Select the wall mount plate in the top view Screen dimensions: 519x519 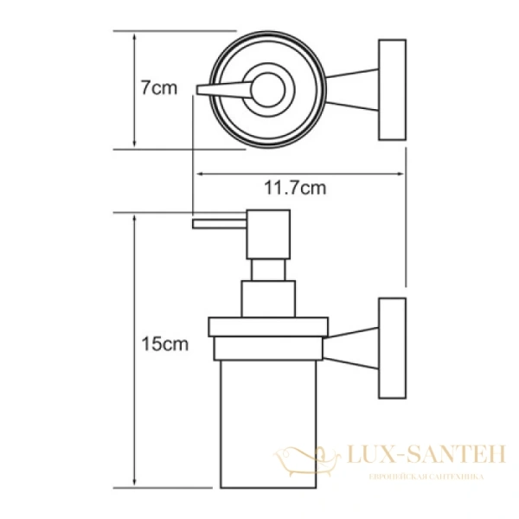click(392, 88)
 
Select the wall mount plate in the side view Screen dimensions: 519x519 click(392, 348)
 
